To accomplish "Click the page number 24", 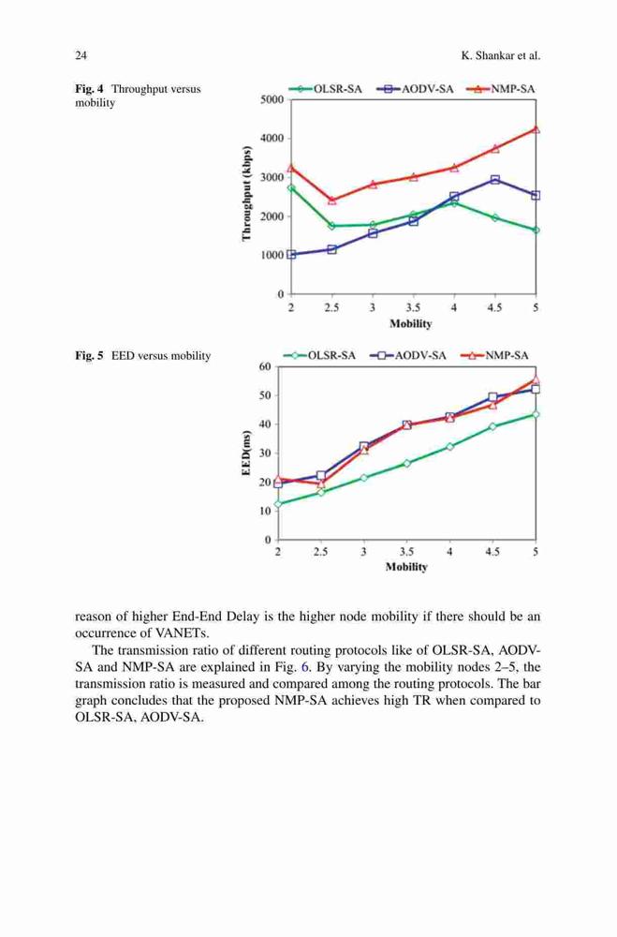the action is tap(81, 55).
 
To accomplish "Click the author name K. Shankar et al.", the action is tap(501, 55).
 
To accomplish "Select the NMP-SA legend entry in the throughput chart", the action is tap(499, 89).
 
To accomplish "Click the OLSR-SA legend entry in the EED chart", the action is tap(319, 355).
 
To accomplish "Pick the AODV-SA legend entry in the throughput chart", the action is tap(415, 89).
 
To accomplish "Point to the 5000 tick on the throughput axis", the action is tap(272, 100).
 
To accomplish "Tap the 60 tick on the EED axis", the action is tap(265, 366).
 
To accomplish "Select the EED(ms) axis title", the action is tap(245, 453).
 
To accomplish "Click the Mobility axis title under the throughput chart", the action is tap(410, 323).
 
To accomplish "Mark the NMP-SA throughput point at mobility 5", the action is tap(536, 128).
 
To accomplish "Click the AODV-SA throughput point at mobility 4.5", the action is tap(495, 179).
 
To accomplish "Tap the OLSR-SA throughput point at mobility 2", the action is tap(291, 187).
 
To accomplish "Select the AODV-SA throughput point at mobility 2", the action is tap(291, 255).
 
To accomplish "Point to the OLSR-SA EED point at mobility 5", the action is tap(536, 413).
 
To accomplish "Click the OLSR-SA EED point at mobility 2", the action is tap(278, 504).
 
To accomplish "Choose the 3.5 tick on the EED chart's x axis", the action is tap(406, 552).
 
